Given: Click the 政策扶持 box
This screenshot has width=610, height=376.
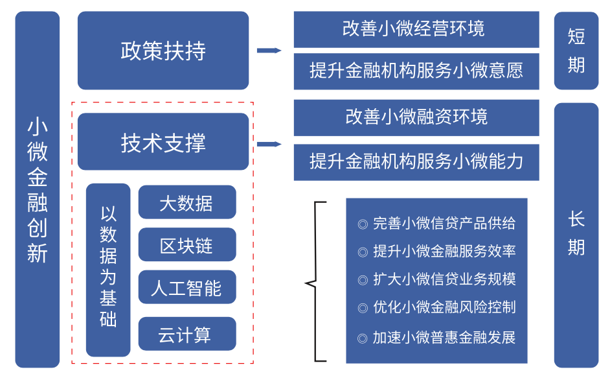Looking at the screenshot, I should [x=163, y=51].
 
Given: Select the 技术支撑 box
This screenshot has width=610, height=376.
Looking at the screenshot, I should [x=163, y=142].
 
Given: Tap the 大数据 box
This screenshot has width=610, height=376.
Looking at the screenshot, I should [x=186, y=202].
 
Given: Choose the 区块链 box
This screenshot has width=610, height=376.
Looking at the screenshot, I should [x=186, y=245].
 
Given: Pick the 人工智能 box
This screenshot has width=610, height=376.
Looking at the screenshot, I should [x=186, y=288].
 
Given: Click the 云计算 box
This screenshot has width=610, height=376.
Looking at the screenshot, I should [x=186, y=335].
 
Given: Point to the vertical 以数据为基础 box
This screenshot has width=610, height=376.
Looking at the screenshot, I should [x=108, y=269].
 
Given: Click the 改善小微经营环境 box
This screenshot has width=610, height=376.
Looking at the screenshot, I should [x=416, y=29].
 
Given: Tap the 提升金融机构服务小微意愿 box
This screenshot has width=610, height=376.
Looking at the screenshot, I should [x=416, y=71].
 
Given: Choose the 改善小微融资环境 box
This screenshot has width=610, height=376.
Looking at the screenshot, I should [x=416, y=117].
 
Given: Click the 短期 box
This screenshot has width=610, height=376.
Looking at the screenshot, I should [x=576, y=51].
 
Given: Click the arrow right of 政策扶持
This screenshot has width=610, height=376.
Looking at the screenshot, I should [x=269, y=51].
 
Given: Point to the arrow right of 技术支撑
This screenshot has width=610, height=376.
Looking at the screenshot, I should [x=269, y=144].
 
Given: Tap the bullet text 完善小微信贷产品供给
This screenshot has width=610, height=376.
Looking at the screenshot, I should [x=444, y=224].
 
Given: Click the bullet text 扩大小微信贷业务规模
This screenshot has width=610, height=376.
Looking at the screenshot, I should [x=444, y=279].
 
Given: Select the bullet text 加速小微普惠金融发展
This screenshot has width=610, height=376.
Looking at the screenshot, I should [x=444, y=338].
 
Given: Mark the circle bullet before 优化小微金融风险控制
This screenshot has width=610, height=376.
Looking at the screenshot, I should [x=363, y=308].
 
